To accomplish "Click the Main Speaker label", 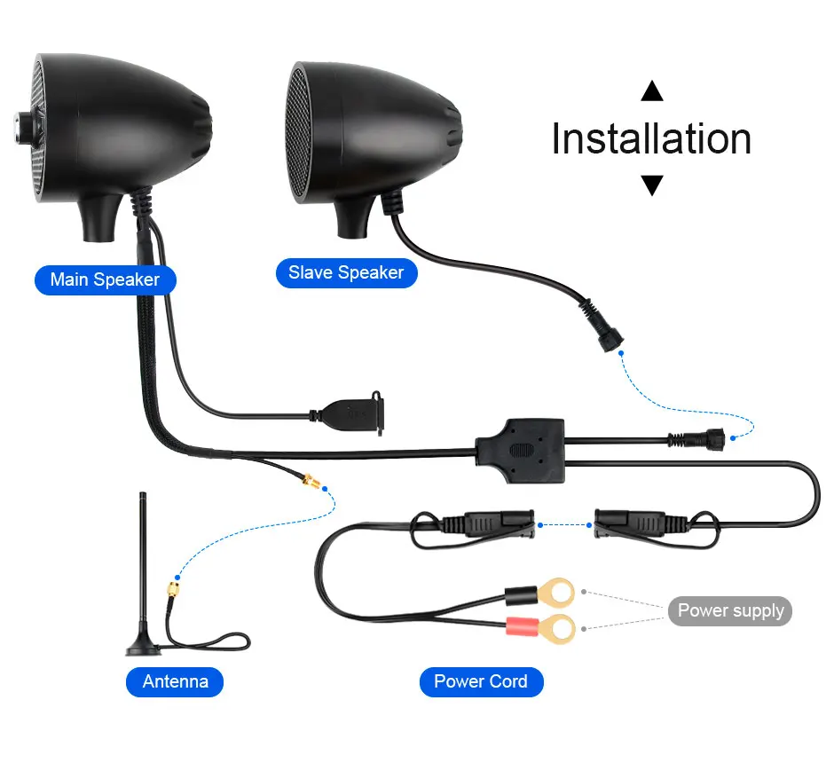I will (105, 279).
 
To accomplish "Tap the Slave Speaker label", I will (346, 272).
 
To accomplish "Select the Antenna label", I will (176, 681).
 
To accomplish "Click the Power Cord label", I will (480, 681).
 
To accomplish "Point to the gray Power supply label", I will (730, 610).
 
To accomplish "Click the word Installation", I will (651, 139).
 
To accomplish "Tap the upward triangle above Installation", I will (652, 90).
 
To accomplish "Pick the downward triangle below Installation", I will (652, 185).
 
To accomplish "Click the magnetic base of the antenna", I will (143, 647).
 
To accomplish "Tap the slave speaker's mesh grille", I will (299, 134).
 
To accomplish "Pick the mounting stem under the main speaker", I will (103, 217).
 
